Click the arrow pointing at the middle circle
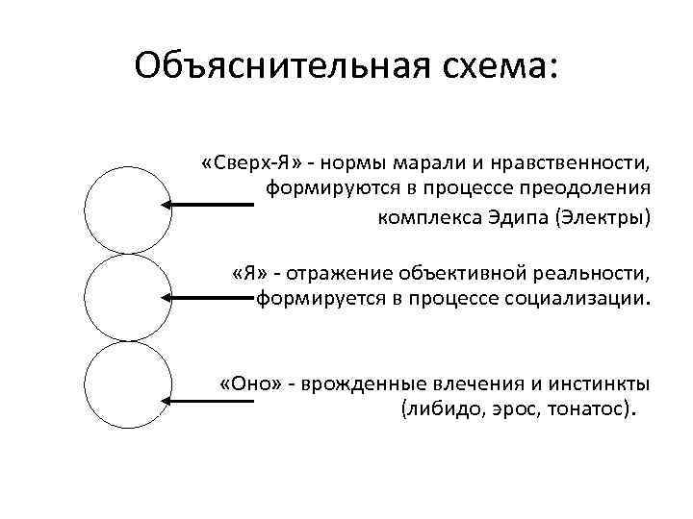point(207,298)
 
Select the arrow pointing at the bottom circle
point(207,398)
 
